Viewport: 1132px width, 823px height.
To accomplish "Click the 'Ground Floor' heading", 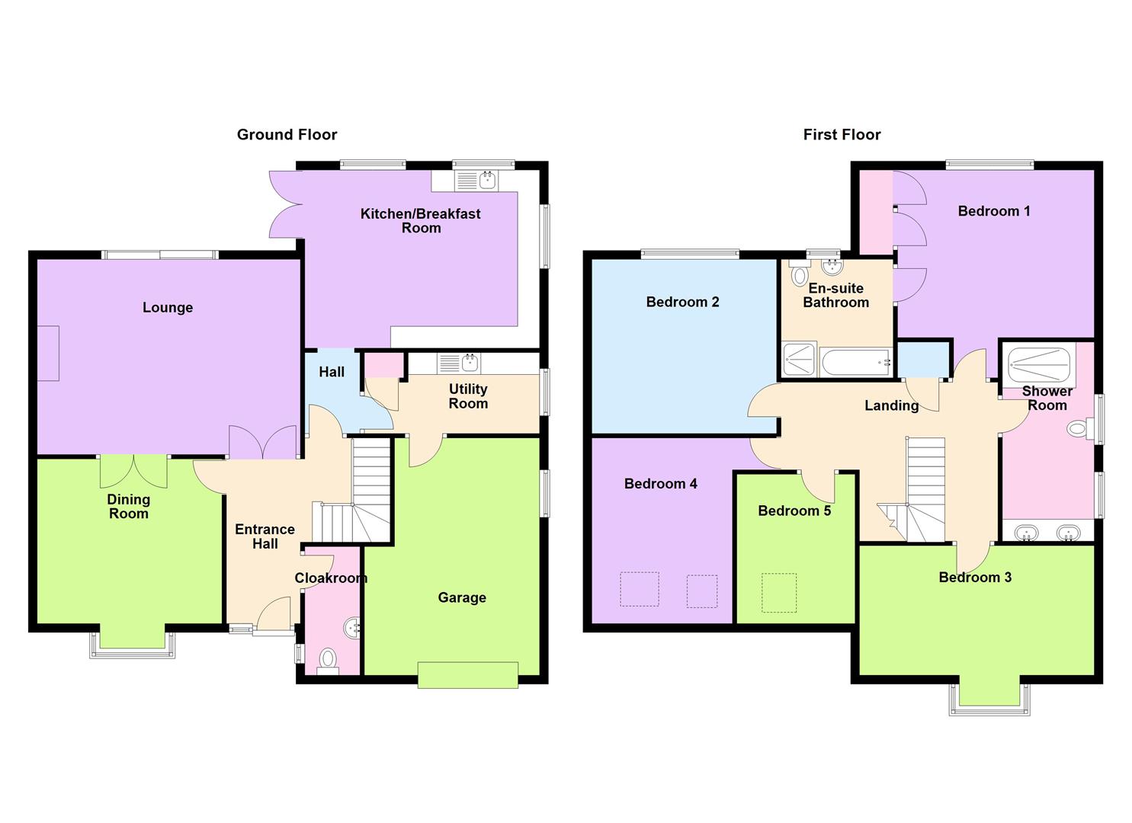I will point(287,135).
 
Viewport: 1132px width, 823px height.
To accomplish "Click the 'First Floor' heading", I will point(842,135).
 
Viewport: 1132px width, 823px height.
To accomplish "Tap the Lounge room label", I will point(168,308).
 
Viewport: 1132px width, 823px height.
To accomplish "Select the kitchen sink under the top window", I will point(476,181).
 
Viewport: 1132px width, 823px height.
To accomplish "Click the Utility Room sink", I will point(460,363).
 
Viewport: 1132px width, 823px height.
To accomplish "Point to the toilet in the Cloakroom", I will point(328,658).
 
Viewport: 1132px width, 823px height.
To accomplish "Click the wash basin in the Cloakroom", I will point(352,628).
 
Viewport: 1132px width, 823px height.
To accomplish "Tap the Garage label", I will point(461,597).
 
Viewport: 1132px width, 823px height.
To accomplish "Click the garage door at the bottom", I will point(467,675).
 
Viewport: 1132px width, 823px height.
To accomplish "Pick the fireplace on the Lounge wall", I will point(48,353).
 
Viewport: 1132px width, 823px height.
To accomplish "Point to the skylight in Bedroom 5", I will point(778,593).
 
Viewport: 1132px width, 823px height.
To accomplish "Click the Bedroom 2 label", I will point(682,302).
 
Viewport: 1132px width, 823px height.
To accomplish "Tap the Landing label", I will point(891,405).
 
